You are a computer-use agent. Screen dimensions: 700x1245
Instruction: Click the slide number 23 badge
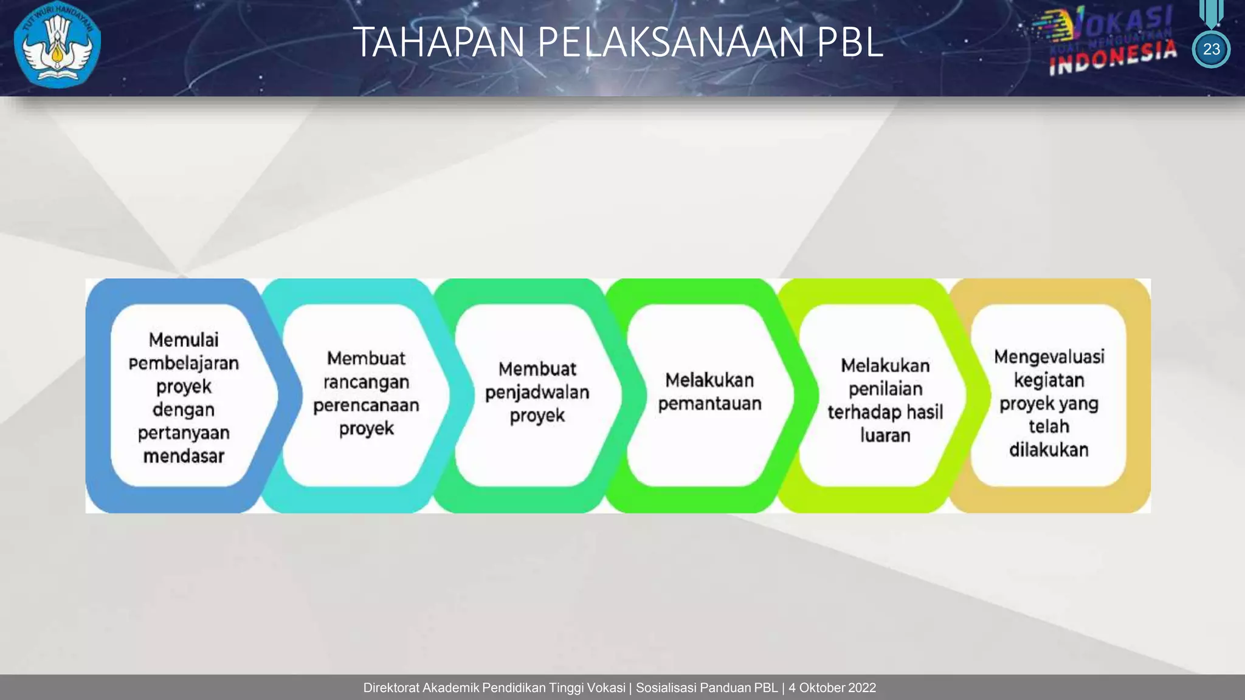coord(1211,49)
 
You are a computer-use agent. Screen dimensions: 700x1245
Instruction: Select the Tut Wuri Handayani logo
coord(57,46)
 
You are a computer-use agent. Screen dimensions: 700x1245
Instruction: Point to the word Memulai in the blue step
coord(184,340)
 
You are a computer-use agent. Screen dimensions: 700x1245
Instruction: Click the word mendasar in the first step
coord(184,456)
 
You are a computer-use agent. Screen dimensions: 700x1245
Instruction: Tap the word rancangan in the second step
coord(366,382)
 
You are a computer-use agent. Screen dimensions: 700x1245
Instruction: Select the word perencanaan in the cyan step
coord(366,405)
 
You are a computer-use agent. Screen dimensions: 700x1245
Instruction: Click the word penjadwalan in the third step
coord(537,393)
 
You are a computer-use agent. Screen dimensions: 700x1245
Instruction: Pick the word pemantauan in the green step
coord(709,403)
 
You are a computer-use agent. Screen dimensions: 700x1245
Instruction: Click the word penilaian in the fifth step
coord(885,389)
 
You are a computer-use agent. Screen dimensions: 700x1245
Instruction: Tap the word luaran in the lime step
coord(885,435)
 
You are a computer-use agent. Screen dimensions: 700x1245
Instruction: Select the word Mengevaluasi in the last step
coord(1049,357)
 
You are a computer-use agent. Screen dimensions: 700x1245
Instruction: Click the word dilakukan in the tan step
coord(1049,450)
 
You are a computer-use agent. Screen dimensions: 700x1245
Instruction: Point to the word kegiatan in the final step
coord(1049,380)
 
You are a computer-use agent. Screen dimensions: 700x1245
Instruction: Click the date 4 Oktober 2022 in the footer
coord(832,688)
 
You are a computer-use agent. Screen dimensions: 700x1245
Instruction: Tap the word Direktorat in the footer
coord(391,688)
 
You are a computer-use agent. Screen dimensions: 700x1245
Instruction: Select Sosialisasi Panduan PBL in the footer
coord(706,688)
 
